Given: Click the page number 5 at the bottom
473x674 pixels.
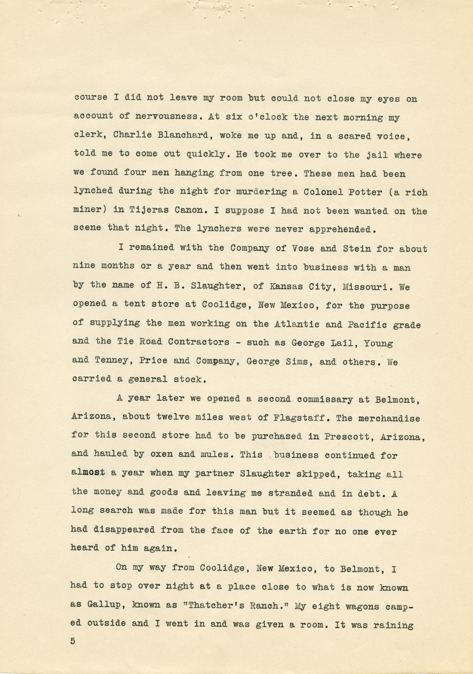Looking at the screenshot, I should point(73,641).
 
